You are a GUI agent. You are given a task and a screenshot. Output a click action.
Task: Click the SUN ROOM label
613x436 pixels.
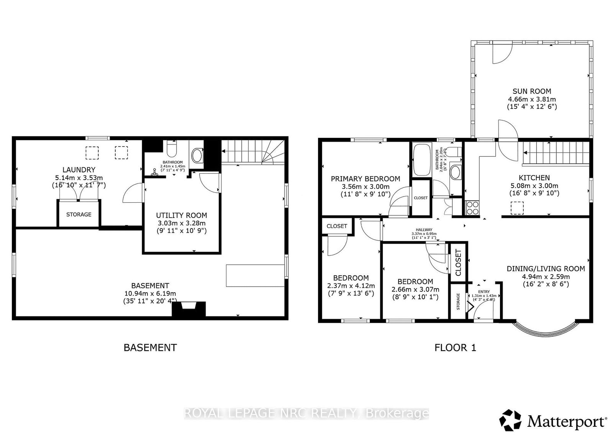pyautogui.click(x=532, y=91)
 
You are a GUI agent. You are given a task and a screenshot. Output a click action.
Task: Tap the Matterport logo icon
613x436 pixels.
pyautogui.click(x=511, y=420)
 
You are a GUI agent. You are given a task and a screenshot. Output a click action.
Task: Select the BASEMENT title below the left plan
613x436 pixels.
pyautogui.click(x=150, y=347)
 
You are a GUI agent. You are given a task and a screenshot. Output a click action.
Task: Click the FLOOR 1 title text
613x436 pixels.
pyautogui.click(x=455, y=347)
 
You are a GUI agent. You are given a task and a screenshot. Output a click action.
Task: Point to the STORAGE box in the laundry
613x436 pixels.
pyautogui.click(x=79, y=214)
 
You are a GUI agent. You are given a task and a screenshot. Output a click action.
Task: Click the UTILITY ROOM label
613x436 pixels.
pyautogui.click(x=181, y=215)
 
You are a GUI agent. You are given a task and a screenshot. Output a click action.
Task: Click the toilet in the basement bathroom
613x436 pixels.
pyautogui.click(x=171, y=148)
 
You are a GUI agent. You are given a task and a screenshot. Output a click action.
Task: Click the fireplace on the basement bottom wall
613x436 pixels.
pyautogui.click(x=188, y=309)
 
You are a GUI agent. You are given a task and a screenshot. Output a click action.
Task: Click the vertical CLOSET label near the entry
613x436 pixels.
pyautogui.click(x=458, y=262)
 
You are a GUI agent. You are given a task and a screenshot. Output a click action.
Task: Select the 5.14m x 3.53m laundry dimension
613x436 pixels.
pyautogui.click(x=79, y=178)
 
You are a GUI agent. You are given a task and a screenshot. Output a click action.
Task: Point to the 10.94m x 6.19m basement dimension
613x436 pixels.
pyautogui.click(x=150, y=293)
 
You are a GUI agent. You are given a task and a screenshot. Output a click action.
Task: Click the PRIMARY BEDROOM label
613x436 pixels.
pyautogui.click(x=365, y=179)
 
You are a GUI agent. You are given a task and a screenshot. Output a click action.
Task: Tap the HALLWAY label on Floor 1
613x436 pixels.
pyautogui.click(x=424, y=230)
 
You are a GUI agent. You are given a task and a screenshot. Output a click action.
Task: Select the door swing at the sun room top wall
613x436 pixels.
pyautogui.click(x=502, y=54)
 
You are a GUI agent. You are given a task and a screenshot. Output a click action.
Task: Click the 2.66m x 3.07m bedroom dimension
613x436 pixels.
pyautogui.click(x=415, y=289)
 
